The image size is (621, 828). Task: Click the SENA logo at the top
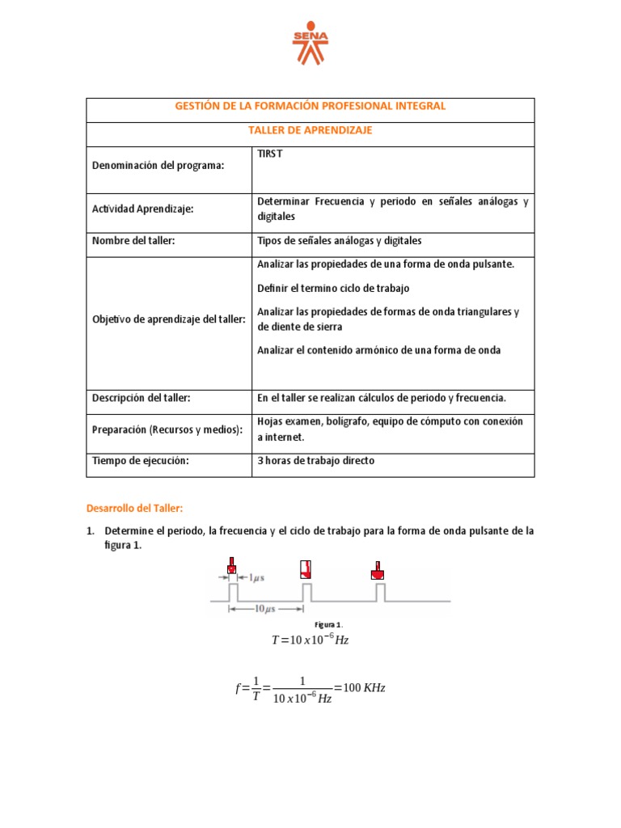tap(310, 45)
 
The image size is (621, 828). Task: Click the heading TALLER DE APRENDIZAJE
tap(310, 131)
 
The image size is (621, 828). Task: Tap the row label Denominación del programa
tap(158, 165)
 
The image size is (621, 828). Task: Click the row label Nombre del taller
tap(134, 241)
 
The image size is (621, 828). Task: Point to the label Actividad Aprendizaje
tap(143, 209)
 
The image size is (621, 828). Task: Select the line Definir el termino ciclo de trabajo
tap(333, 288)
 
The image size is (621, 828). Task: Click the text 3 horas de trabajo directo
tap(316, 461)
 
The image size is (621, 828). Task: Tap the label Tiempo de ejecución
tap(141, 461)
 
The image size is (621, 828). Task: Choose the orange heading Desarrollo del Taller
tap(135, 508)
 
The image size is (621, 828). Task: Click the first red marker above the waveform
tap(232, 568)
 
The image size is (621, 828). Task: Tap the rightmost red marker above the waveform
tap(377, 570)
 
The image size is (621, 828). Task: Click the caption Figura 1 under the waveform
tap(328, 625)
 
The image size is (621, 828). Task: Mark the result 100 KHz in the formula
tap(364, 688)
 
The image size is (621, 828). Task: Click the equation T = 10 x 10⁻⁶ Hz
tap(310, 640)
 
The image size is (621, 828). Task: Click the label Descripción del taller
tap(142, 398)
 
